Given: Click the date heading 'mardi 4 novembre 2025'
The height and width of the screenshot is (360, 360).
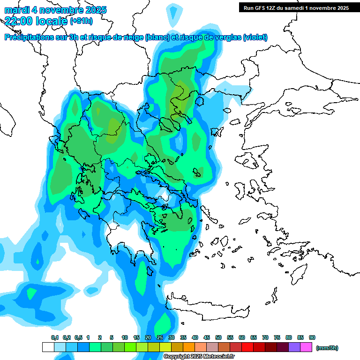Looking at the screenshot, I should (55, 10).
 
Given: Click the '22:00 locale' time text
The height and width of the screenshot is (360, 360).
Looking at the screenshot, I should (36, 20).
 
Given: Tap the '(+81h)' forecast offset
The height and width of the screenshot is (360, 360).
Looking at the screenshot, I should (81, 21).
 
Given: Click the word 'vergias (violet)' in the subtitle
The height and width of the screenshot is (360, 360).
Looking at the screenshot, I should (242, 37).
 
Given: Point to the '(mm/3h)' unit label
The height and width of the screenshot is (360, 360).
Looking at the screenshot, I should (327, 348).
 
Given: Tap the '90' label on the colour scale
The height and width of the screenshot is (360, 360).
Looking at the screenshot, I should (312, 337).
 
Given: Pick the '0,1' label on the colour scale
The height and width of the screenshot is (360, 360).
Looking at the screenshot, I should (55, 337).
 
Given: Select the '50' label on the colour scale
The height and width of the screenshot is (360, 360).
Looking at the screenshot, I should (218, 337).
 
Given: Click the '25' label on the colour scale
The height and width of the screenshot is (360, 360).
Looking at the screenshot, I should (160, 337).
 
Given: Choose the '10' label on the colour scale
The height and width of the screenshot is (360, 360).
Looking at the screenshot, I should (125, 337).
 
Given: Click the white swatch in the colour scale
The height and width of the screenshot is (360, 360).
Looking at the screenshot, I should (48, 347).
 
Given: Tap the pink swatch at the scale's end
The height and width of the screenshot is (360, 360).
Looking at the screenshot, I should (306, 347).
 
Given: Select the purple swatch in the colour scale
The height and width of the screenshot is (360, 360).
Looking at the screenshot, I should (294, 347).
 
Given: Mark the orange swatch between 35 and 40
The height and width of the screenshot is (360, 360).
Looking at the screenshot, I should (189, 347).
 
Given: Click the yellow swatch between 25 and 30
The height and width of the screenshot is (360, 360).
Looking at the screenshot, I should (165, 347).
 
